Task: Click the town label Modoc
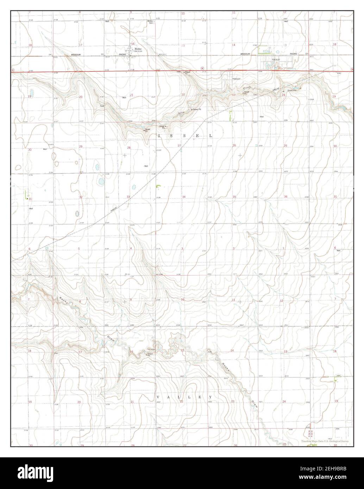138,49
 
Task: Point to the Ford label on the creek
102,106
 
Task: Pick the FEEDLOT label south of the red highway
236,80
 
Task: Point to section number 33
129,197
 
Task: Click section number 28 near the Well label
129,148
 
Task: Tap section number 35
234,197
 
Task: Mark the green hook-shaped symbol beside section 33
158,186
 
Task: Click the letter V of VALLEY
158,397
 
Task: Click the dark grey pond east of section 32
77,213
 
